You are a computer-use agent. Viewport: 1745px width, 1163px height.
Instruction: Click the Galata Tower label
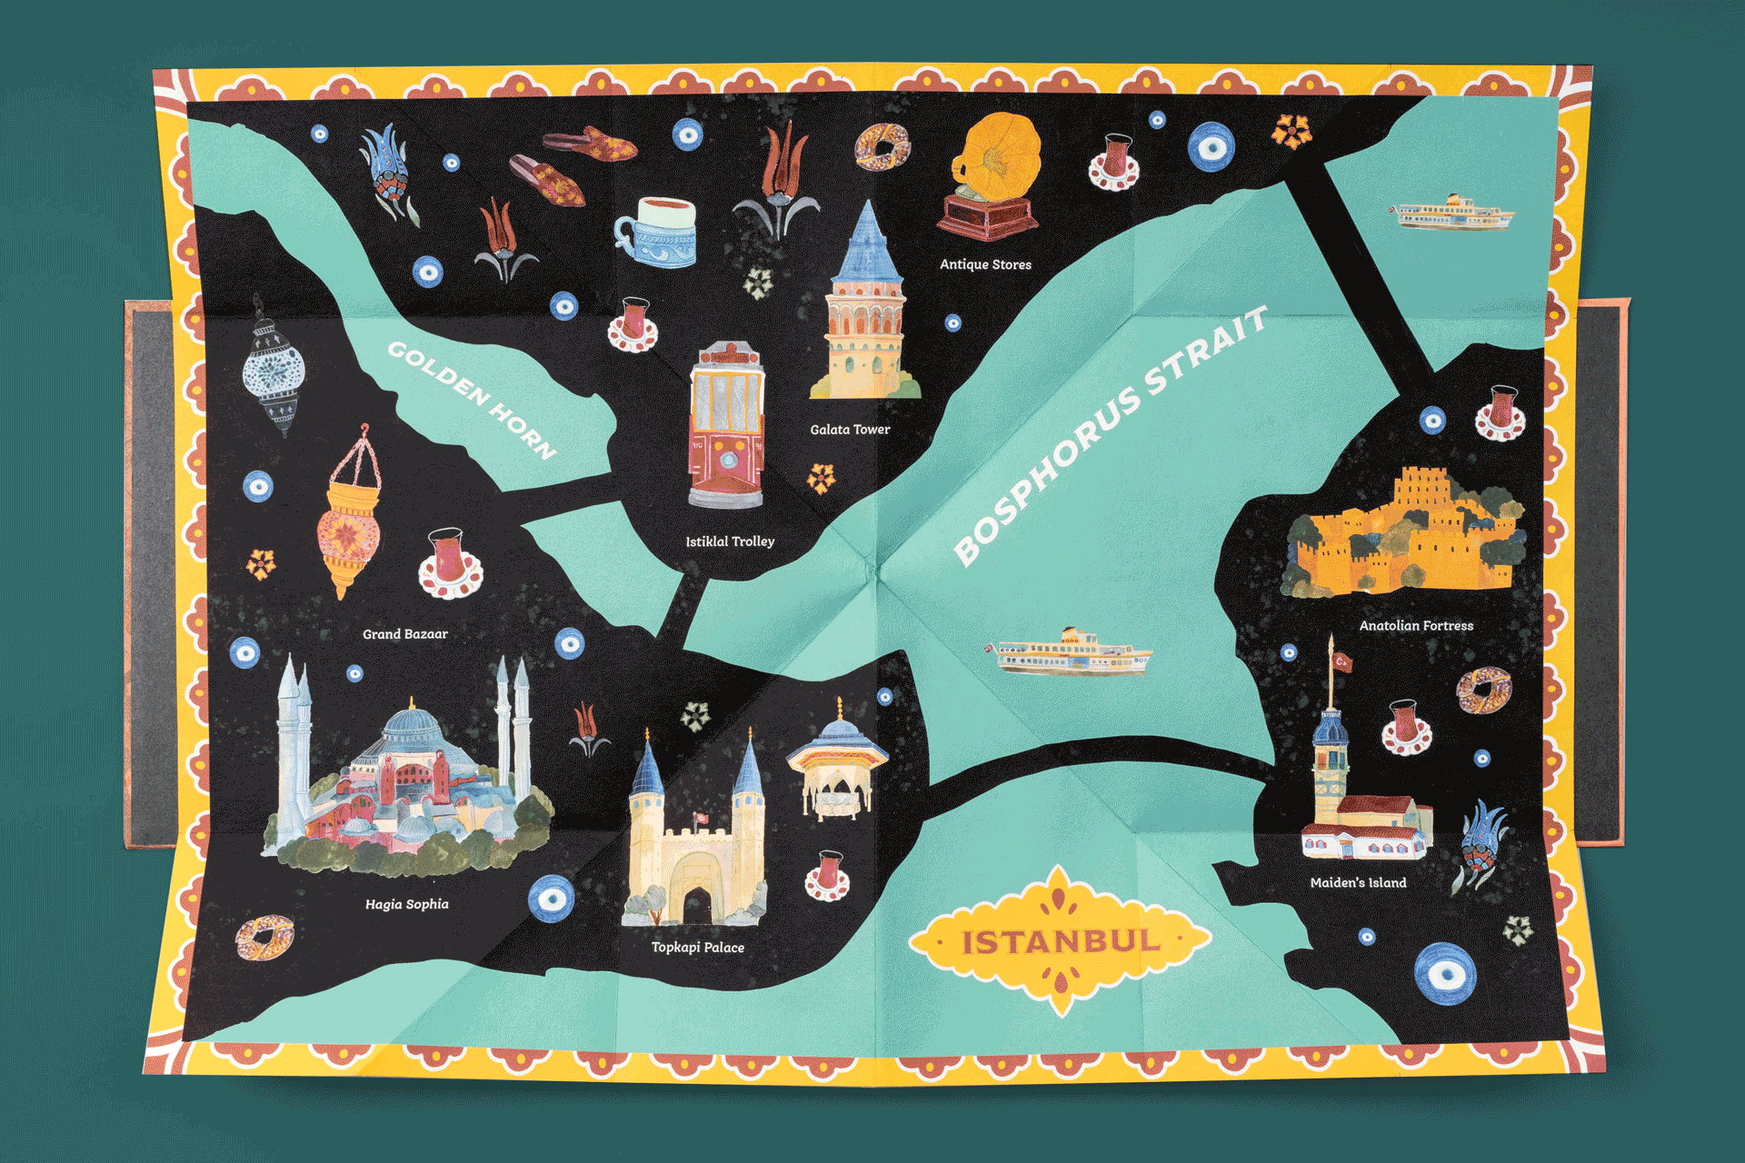pos(850,430)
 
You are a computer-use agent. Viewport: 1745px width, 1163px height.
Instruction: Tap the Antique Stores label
pos(985,264)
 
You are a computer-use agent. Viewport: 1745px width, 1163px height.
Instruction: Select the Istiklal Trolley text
pos(730,542)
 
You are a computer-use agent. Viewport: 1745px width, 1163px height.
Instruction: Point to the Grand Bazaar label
pos(405,634)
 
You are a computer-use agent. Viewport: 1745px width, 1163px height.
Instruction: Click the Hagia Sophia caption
pos(406,904)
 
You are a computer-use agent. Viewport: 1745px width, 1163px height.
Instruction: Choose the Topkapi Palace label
pos(697,947)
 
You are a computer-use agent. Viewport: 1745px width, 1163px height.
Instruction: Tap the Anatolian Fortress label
pos(1416,626)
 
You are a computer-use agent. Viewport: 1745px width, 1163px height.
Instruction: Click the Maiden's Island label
pos(1358,882)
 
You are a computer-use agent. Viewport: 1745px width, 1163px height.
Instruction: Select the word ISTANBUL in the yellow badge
pos(1061,942)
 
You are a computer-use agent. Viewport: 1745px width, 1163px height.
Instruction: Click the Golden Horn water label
pos(472,400)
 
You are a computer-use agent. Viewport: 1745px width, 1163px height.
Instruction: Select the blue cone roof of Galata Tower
pos(867,241)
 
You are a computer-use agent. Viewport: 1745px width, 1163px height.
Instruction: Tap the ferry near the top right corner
pos(1452,214)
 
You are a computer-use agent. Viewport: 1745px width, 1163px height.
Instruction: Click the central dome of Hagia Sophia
pos(414,727)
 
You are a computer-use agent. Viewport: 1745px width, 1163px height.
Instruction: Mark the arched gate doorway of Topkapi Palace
pos(697,904)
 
